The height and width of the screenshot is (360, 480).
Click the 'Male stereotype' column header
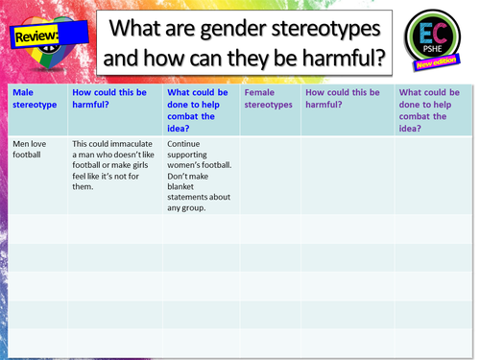(35, 98)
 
